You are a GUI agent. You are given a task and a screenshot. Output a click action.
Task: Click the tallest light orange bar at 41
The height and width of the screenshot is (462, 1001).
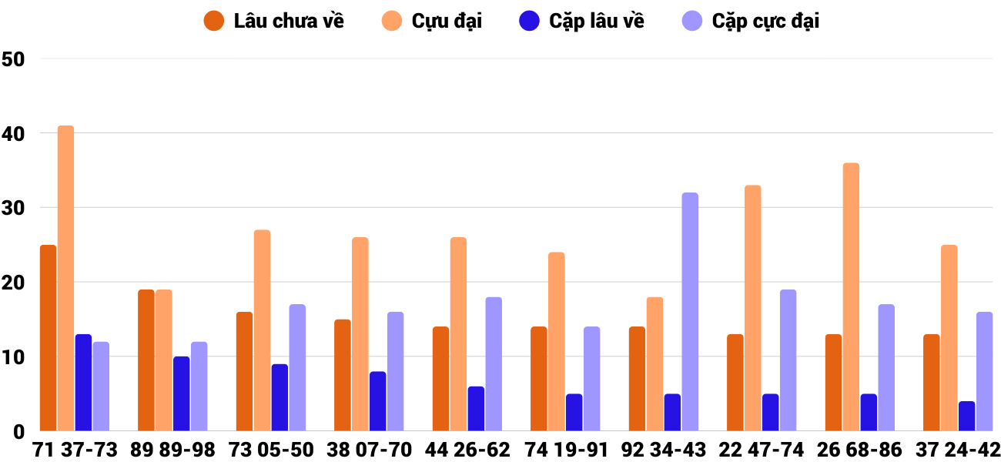click(x=66, y=278)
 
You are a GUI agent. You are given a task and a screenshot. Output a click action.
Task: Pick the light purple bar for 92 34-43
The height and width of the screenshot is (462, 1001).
click(x=690, y=312)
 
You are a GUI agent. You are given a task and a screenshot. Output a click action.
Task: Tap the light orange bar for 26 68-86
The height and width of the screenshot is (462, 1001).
click(x=851, y=296)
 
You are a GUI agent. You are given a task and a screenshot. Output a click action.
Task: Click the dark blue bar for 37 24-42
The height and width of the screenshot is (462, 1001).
click(x=967, y=416)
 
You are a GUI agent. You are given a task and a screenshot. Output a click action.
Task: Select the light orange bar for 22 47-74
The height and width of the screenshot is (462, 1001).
click(x=753, y=308)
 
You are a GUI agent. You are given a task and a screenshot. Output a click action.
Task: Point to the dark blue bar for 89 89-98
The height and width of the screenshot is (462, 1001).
click(x=182, y=393)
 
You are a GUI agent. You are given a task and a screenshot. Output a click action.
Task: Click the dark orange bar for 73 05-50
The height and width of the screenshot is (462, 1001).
click(x=244, y=371)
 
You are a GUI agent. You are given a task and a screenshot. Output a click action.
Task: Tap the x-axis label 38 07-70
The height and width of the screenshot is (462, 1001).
click(x=370, y=450)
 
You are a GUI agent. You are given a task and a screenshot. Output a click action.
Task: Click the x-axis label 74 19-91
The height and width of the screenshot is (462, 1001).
click(x=566, y=450)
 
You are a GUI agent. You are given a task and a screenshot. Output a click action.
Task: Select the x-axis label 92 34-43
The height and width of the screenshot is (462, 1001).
click(x=665, y=450)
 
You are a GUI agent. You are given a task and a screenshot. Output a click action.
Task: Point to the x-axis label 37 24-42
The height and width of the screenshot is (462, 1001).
click(x=958, y=450)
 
